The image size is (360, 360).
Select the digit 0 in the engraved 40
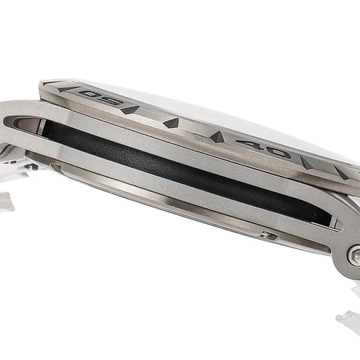(278, 152)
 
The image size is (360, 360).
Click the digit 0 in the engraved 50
(89, 94)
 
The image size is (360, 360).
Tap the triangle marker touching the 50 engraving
(130, 109)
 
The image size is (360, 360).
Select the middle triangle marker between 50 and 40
(171, 123)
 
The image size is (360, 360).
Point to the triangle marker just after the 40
(306, 162)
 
